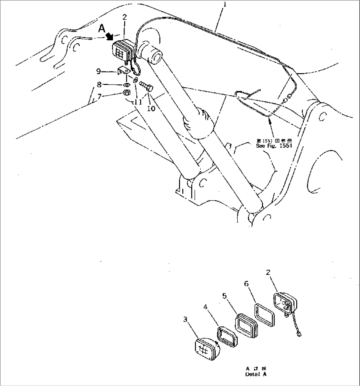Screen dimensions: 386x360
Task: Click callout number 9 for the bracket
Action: [98, 71]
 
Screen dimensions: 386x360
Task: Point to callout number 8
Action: [98, 85]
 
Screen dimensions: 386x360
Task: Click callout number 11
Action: [138, 102]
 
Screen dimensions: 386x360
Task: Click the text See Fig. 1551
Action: [274, 145]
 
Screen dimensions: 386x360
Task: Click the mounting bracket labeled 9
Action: [124, 72]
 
